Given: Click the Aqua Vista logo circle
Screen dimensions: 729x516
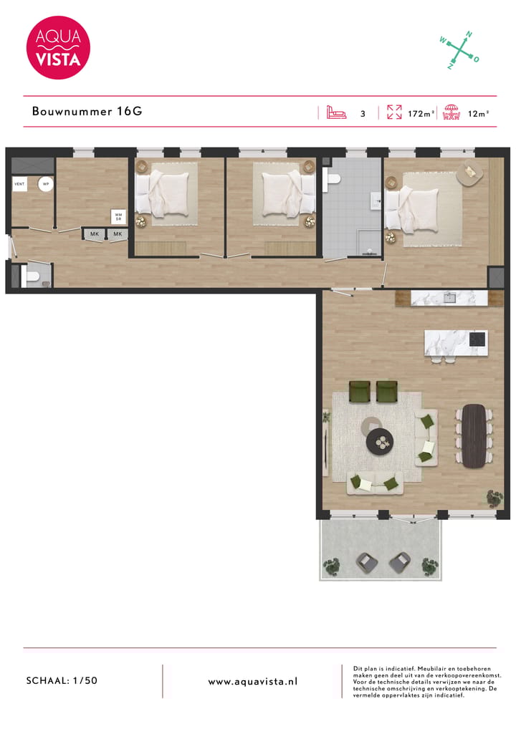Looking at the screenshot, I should (58, 47).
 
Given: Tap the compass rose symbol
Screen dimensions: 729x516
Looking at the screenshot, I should (459, 50).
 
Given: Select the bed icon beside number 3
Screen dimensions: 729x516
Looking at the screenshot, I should (336, 112).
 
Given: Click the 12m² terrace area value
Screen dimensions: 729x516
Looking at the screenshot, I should (478, 113).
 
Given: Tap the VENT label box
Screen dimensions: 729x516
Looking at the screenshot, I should (19, 184).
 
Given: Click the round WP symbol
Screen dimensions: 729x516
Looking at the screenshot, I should (45, 184).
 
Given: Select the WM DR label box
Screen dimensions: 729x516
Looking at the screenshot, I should (118, 216).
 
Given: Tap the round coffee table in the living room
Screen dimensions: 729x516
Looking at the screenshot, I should (380, 442).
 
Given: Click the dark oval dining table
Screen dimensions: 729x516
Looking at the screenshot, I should (474, 435).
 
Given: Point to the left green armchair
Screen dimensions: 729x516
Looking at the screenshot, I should (359, 391).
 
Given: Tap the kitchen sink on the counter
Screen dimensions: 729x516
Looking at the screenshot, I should (450, 296).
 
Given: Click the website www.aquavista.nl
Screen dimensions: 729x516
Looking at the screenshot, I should (252, 682).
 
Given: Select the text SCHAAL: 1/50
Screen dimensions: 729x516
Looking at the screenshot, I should (61, 681).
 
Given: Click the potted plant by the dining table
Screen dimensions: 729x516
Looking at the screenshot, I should (494, 496).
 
